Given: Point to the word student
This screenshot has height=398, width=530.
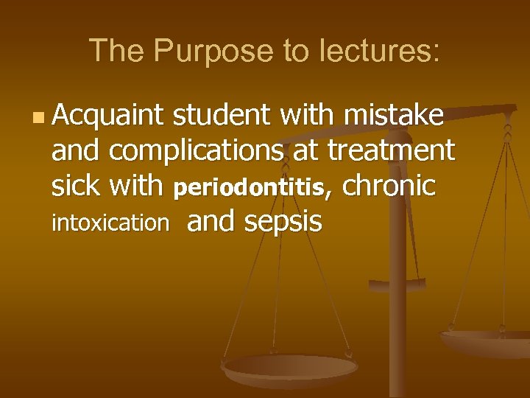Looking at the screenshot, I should (x=222, y=116).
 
